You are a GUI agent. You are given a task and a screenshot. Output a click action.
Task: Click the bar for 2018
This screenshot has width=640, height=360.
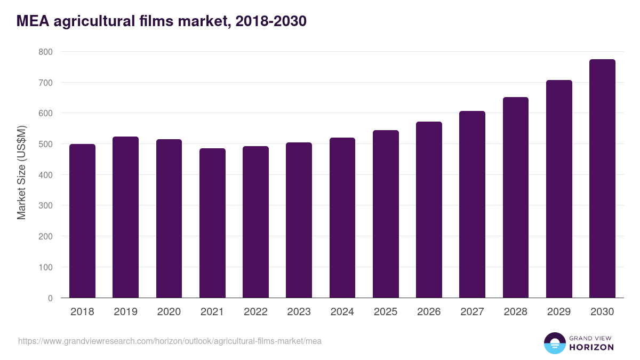82,221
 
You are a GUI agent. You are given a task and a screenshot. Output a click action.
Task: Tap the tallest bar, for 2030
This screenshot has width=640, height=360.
602,179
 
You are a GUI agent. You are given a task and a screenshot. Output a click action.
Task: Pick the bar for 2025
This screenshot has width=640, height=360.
386,214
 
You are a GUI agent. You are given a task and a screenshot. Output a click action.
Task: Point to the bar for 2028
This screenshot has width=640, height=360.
515,197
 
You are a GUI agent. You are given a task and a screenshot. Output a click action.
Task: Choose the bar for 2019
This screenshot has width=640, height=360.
125,217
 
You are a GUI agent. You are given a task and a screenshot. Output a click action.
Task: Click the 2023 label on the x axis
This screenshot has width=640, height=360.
299,312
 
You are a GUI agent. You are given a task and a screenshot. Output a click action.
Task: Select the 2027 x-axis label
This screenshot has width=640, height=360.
472,312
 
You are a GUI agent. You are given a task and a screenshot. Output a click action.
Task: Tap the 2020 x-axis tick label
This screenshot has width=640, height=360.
169,312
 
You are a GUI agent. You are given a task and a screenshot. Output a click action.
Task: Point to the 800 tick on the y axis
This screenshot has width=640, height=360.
45,52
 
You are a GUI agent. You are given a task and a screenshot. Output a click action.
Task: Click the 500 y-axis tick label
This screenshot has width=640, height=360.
45,144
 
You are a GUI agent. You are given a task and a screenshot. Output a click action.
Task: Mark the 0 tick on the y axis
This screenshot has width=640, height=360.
50,298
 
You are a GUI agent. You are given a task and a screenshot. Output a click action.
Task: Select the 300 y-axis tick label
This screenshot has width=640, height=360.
45,206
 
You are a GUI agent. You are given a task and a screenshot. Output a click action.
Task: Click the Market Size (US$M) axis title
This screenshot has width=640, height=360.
21,172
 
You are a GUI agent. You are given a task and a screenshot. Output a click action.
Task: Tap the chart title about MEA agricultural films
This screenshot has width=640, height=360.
161,21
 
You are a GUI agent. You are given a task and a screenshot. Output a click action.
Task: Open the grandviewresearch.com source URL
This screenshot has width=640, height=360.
170,341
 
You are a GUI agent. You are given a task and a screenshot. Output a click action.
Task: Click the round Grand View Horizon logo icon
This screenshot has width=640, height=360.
554,343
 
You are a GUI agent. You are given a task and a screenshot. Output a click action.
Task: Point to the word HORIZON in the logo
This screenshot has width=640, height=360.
591,347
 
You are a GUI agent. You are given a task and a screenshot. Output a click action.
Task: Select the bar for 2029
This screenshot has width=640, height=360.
559,189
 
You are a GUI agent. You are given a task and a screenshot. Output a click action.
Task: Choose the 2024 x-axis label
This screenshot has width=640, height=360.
342,312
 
